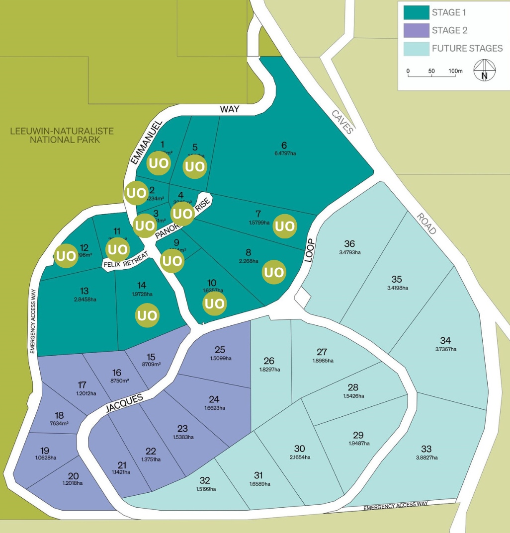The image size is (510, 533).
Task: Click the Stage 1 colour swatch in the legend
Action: click(x=416, y=12)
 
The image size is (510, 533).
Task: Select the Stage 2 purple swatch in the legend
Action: click(x=416, y=30)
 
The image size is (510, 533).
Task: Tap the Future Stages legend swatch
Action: click(x=416, y=48)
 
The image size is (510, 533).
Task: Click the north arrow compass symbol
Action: click(x=483, y=70)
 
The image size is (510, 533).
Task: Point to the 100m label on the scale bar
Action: click(x=455, y=71)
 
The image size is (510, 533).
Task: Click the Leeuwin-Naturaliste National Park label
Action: click(x=62, y=135)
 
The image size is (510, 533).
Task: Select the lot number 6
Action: click(x=284, y=146)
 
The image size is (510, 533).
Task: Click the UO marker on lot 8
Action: click(x=274, y=272)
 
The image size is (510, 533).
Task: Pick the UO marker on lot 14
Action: click(x=147, y=315)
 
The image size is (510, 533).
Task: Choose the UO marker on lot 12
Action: click(x=66, y=256)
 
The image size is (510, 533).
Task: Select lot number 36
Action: click(x=350, y=244)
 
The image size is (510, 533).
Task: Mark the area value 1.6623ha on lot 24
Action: click(x=214, y=408)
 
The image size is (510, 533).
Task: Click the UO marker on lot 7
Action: click(x=285, y=226)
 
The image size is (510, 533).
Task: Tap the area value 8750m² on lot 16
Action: click(x=117, y=381)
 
